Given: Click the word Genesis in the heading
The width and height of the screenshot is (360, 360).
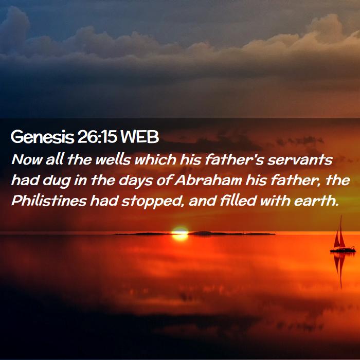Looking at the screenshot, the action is [x=42, y=137].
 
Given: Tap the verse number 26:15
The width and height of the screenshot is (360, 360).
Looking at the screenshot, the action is [x=97, y=137].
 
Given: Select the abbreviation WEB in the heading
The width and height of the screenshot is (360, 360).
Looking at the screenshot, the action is [x=139, y=137].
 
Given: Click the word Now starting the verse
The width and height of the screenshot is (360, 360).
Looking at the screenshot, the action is [x=27, y=159].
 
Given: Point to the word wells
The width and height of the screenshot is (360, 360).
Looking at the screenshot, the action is [x=113, y=159].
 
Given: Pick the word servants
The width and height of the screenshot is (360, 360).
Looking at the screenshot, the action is [x=300, y=159].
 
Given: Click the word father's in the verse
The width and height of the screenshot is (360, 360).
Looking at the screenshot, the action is [x=234, y=159].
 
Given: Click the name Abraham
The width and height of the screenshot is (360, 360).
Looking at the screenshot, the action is [x=208, y=180].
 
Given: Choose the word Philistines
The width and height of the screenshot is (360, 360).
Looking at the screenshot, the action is [x=49, y=201].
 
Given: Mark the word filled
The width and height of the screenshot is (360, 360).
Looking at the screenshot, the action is [x=238, y=200].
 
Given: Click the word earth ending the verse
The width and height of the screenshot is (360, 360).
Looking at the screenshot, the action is [x=316, y=201].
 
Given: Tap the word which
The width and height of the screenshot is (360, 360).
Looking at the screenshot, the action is [x=155, y=159].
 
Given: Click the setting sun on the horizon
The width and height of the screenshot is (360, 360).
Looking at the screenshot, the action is [x=180, y=233].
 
